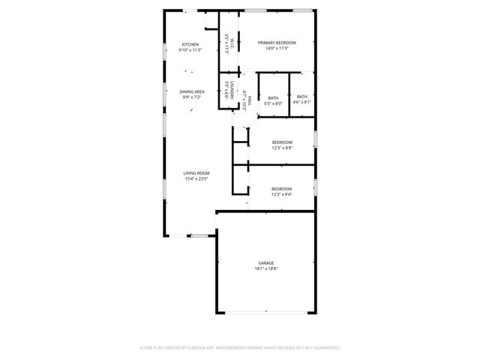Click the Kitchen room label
(190, 44)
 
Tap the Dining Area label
(192, 91)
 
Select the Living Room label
(196, 173)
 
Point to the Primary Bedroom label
(277, 43)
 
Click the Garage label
(266, 263)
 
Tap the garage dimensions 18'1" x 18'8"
(266, 268)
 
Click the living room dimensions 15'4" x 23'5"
(196, 178)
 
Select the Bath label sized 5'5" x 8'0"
(273, 97)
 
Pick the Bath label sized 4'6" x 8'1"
(301, 97)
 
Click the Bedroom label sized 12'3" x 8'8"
(282, 142)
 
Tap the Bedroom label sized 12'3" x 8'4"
(281, 188)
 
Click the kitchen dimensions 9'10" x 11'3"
(190, 49)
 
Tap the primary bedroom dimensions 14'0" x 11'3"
(277, 49)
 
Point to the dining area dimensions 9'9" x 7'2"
(192, 97)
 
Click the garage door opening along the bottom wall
(266, 312)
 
